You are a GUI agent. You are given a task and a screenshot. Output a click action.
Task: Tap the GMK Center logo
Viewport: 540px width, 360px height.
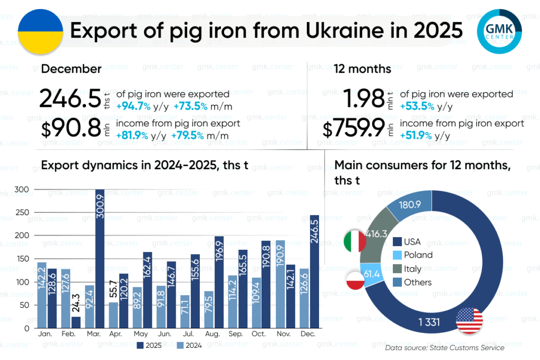tap(499, 31)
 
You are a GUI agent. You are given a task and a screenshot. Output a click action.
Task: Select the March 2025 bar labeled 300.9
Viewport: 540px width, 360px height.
tap(100, 258)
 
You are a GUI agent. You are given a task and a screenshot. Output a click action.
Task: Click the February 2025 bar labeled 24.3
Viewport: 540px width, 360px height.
tap(76, 322)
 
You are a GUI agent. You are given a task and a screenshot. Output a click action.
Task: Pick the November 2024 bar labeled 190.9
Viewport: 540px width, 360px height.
tap(280, 284)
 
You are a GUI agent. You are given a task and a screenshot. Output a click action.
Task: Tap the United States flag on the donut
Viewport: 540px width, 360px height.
tap(469, 320)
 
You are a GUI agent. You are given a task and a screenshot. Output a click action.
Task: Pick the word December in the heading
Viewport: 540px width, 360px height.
tap(71, 69)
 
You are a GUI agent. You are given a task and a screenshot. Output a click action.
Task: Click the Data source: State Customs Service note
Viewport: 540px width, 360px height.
tap(445, 348)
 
